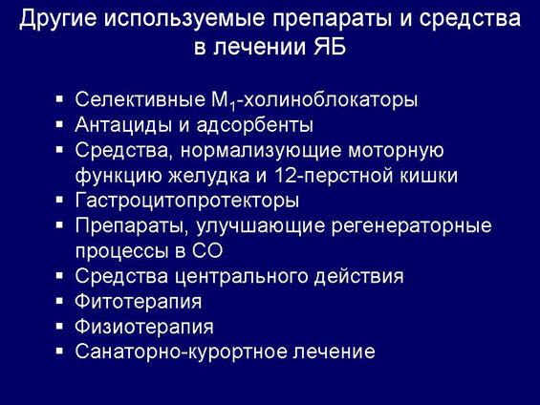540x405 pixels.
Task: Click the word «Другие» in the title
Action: point(57,18)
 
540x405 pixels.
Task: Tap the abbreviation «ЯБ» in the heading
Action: point(329,46)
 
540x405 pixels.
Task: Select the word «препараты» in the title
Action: point(333,19)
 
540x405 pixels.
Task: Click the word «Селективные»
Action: point(140,99)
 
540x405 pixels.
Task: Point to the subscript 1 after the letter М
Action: point(233,106)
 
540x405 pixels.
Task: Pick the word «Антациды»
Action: point(123,125)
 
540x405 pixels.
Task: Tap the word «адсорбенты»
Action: point(255,125)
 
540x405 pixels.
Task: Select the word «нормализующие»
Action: point(261,150)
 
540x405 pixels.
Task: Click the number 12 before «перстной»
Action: point(286,176)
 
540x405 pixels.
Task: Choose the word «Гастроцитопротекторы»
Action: point(187,201)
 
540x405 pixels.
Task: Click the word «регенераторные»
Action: point(411,226)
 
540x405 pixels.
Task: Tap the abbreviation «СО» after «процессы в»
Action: point(207,251)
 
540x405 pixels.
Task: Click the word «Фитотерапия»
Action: point(139,302)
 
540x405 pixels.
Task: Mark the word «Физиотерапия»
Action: point(144,327)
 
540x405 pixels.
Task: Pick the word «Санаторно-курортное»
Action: point(182,352)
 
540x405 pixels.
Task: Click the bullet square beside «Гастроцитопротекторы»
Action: point(59,200)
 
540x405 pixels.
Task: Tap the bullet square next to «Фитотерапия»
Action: point(59,300)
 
